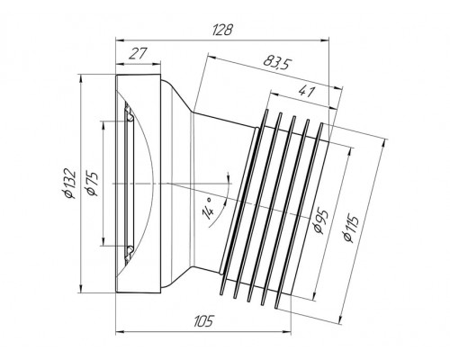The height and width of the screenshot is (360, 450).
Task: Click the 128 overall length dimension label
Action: (x=222, y=30)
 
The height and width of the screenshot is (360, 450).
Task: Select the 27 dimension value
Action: (x=139, y=54)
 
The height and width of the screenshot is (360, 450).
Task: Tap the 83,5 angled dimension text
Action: (x=277, y=62)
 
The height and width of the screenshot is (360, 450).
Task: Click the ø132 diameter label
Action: (x=69, y=184)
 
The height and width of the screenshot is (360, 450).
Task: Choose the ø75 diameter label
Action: (x=92, y=184)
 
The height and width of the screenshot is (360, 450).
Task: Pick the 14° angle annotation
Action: (x=208, y=209)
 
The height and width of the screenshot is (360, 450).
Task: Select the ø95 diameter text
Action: (x=320, y=222)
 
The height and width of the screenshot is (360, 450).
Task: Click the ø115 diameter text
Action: (x=350, y=228)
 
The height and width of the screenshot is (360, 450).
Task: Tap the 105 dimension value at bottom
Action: (x=203, y=321)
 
